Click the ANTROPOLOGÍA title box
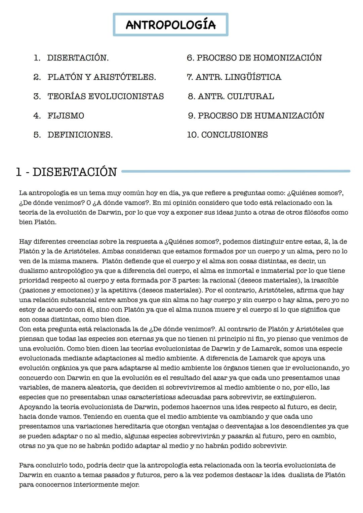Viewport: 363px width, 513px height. pyautogui.click(x=170, y=25)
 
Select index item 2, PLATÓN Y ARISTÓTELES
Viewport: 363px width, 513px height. pyautogui.click(x=102, y=77)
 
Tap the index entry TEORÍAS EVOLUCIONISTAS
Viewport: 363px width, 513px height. pyautogui.click(x=106, y=96)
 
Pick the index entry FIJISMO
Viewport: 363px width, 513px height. pyautogui.click(x=66, y=116)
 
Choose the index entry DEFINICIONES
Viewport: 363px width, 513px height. pyautogui.click(x=80, y=135)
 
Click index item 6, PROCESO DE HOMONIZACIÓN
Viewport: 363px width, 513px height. pyautogui.click(x=254, y=58)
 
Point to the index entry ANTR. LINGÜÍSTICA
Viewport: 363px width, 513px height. pyautogui.click(x=234, y=77)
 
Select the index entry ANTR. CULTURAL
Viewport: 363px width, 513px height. pyautogui.click(x=231, y=96)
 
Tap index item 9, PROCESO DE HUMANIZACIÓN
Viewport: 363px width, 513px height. pyautogui.click(x=256, y=116)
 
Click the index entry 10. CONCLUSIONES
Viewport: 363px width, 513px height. pyautogui.click(x=228, y=135)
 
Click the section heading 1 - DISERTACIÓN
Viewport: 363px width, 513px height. pyautogui.click(x=66, y=172)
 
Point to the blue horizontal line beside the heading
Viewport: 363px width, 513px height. pyautogui.click(x=235, y=171)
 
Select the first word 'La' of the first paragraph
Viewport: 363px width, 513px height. pyautogui.click(x=23, y=193)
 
